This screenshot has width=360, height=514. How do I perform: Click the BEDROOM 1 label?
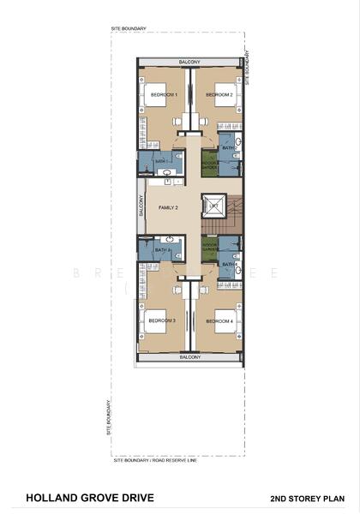tap(163, 95)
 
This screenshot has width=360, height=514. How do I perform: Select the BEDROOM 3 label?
tap(161, 320)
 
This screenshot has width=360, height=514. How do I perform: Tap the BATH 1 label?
tap(160, 161)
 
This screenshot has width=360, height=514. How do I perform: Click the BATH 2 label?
tap(227, 147)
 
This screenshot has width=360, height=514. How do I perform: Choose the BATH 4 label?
tap(227, 264)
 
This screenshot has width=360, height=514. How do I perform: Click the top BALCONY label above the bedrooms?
tap(189, 62)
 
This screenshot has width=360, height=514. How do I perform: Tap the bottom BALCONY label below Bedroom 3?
tap(189, 357)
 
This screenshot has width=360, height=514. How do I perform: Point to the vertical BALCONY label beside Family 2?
tap(141, 206)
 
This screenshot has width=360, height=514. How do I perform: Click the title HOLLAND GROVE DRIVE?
tap(82, 496)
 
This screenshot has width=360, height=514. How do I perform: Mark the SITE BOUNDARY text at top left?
tap(128, 28)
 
